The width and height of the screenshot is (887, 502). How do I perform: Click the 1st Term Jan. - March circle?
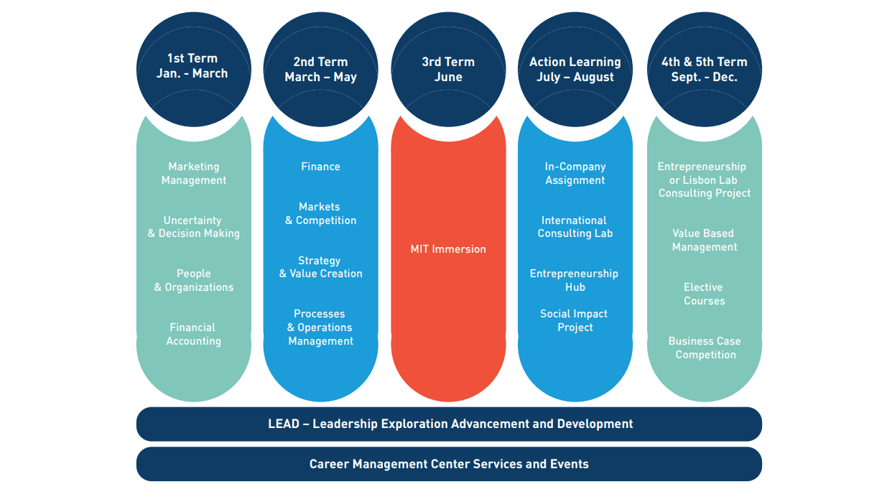point(193,67)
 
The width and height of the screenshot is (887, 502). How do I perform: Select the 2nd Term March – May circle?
point(320,70)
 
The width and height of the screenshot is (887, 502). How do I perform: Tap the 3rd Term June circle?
point(448,70)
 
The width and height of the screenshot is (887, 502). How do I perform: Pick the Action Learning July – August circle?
point(575,70)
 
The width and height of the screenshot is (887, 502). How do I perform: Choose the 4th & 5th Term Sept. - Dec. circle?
point(705,70)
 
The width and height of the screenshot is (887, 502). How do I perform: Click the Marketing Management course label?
point(193,173)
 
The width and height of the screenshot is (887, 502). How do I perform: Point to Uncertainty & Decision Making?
point(193,227)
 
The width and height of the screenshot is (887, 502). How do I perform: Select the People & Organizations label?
point(193,280)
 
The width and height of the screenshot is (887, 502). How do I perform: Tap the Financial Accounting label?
point(193,334)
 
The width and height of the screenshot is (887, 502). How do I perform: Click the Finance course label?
point(320,167)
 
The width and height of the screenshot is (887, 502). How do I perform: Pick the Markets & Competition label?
point(320,213)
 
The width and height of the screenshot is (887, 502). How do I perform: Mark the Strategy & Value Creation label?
point(320,267)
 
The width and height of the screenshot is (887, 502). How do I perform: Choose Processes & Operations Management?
point(320,327)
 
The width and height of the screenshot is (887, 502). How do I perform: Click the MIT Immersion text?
point(448,249)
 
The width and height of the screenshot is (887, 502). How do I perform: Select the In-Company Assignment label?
point(575,173)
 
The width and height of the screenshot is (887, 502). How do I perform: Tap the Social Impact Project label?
point(575,320)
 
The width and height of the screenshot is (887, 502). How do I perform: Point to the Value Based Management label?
point(705,240)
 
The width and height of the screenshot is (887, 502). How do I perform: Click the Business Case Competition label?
point(705,348)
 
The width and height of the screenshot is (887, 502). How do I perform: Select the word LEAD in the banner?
point(283,424)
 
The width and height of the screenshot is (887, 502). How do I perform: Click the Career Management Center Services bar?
point(449,464)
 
